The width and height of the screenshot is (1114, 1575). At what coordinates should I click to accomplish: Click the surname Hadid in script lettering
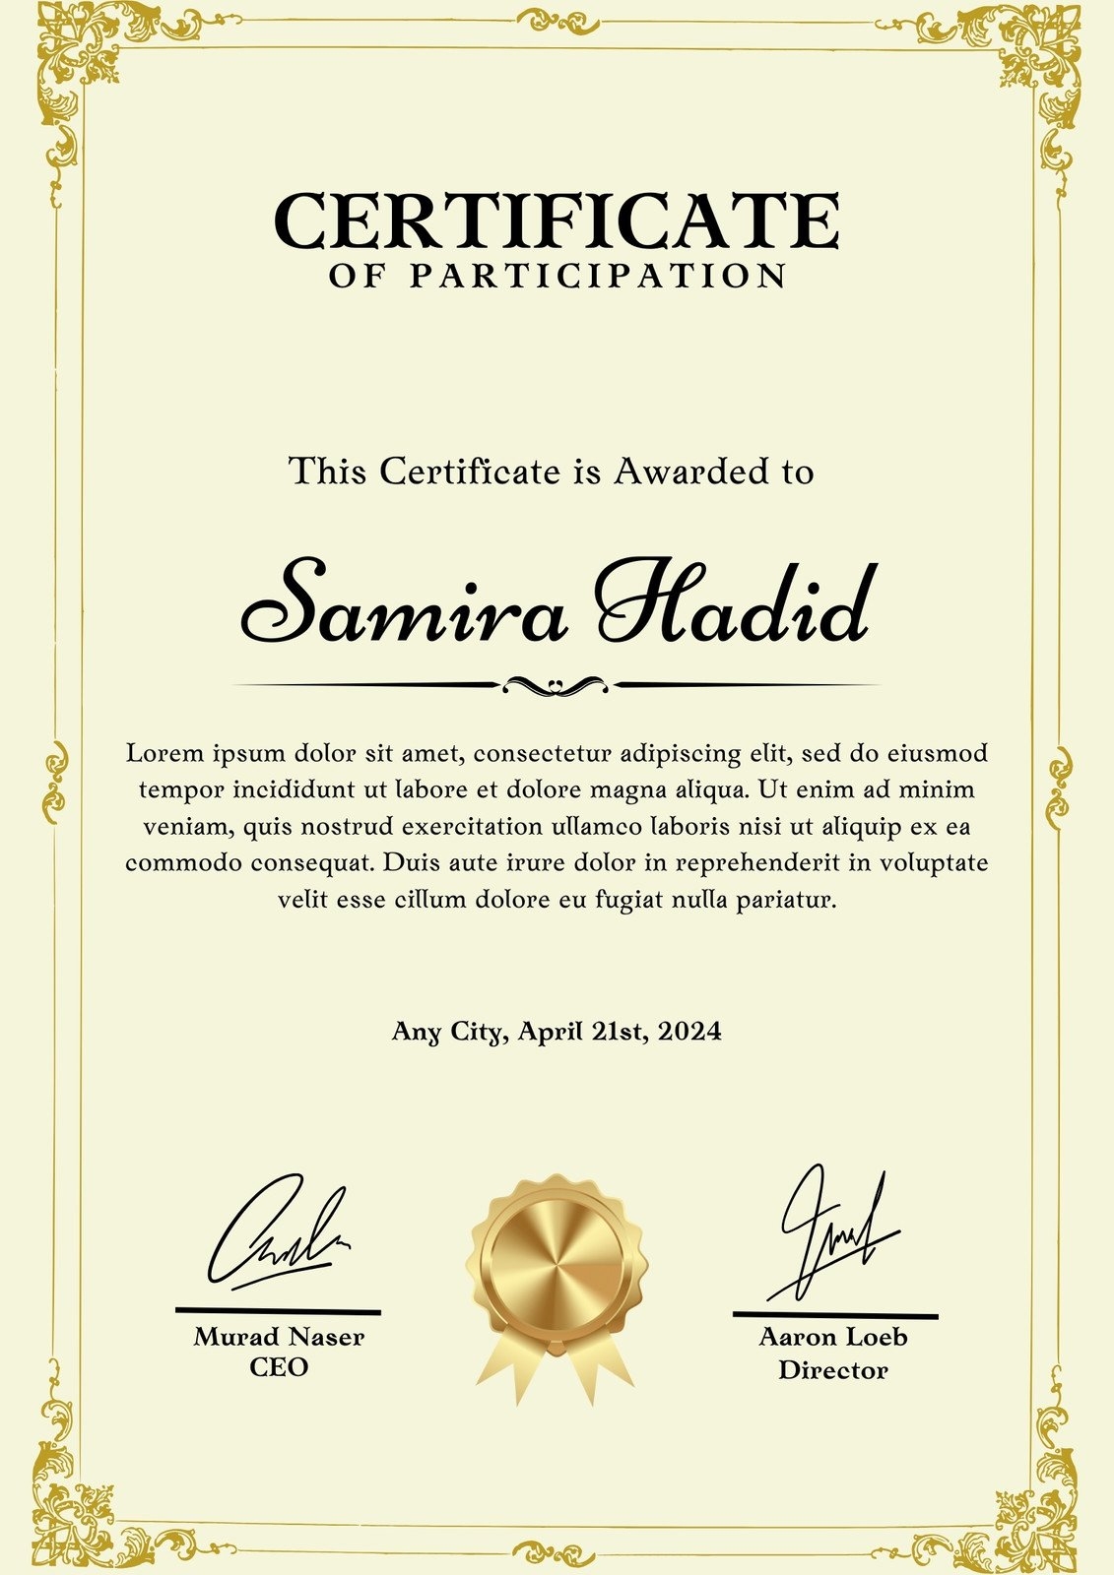point(734,603)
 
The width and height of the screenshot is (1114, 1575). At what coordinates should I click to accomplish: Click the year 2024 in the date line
point(689,1032)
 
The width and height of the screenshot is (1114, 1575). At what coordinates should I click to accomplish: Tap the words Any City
point(448,1032)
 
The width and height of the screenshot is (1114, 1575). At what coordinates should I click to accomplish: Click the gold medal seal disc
point(557,1260)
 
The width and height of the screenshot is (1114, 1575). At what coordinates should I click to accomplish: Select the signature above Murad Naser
point(277,1235)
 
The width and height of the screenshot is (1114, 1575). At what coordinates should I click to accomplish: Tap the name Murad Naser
point(279,1337)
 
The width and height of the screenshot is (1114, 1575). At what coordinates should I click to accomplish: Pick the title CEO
point(279,1367)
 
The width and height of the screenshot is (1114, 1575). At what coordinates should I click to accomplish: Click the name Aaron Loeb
point(833,1338)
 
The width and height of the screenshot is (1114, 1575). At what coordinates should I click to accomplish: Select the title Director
point(833,1370)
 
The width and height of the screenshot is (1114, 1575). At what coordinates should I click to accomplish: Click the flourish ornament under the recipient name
point(557,685)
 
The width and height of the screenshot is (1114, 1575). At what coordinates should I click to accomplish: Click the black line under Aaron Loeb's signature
point(835,1315)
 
